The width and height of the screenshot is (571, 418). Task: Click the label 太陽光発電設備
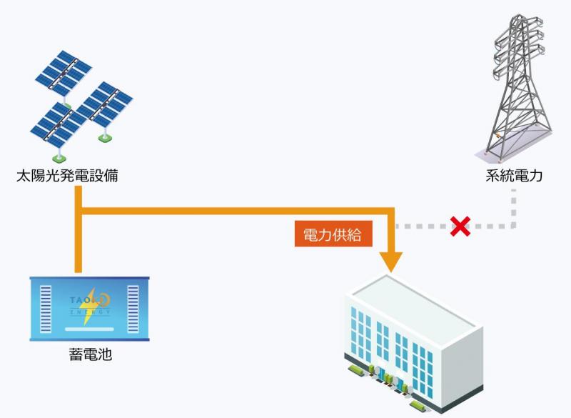tap(67, 176)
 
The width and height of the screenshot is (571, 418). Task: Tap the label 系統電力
tap(514, 176)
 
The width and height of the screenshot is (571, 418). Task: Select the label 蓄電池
tap(91, 354)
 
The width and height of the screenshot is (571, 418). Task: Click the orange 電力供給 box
tap(333, 234)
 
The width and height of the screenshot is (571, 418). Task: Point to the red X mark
tap(460, 227)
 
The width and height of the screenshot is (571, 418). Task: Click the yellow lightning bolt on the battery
tap(90, 307)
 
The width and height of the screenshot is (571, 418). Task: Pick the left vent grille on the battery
tap(46, 309)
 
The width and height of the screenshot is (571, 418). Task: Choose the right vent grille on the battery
tap(133, 309)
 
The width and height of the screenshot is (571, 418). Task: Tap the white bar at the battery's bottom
tap(89, 329)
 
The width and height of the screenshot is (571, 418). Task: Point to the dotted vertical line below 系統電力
tap(513, 208)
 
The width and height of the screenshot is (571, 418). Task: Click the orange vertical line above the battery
tap(78, 229)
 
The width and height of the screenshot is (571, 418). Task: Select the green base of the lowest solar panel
tap(59, 158)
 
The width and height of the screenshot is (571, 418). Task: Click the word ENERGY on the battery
tap(90, 312)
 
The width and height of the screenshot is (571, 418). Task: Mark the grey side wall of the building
tap(463, 368)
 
